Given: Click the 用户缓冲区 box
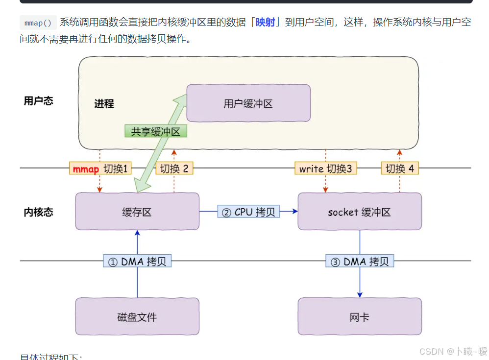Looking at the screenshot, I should (248, 103).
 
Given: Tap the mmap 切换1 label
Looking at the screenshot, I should (100, 168).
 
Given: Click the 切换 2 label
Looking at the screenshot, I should (174, 168).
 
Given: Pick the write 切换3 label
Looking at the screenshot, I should (325, 168).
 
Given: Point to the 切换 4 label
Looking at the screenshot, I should (400, 168).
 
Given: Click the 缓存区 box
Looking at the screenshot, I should (137, 212).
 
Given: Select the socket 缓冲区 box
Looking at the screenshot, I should (360, 212).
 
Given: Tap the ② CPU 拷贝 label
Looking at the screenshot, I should (248, 212).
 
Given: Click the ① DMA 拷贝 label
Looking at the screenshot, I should (137, 262).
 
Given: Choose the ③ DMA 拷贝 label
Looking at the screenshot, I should (360, 262).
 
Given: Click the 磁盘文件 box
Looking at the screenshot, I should (137, 317).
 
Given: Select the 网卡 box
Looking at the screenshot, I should (360, 317).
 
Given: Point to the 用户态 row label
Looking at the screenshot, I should (38, 101).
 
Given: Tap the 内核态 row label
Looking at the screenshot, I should (38, 212).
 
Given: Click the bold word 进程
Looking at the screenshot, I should (104, 104).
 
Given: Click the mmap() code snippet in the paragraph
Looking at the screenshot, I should (38, 23).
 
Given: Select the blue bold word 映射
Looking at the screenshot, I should (265, 23).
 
